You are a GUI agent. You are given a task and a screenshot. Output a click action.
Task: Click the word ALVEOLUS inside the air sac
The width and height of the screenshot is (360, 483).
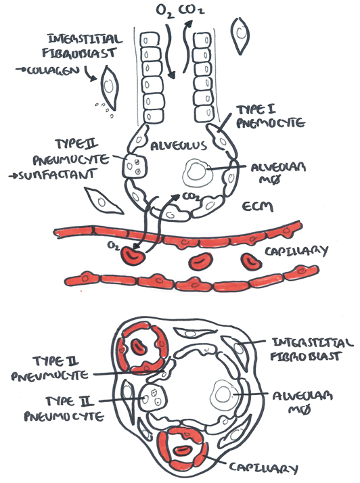pos(179,145)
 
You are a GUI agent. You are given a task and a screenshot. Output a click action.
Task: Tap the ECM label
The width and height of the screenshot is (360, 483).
pos(258,206)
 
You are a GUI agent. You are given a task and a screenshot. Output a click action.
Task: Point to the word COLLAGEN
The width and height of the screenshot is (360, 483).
pos(52,71)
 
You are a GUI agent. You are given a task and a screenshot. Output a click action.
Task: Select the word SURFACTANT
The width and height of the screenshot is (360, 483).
pos(55,175)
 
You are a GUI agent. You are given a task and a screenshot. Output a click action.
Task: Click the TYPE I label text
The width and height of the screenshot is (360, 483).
pos(256,110)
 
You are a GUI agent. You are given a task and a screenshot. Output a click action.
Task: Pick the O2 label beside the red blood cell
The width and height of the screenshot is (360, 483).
pos(114,246)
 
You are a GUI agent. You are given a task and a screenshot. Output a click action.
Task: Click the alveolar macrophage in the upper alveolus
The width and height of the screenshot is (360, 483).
pos(196,172)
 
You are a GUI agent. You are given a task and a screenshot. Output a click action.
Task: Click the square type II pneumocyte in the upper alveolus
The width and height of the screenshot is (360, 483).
pos(135,166)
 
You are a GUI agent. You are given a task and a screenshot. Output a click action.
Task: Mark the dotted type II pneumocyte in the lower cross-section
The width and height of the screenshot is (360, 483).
pos(153,397)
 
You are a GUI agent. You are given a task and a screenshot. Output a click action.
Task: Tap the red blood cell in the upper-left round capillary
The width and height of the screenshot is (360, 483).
pos(139,346)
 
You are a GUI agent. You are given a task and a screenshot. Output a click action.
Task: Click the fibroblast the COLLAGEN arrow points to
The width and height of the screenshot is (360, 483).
pos(109,87)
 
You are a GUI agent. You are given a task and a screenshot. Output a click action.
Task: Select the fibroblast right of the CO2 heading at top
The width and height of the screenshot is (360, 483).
pos(240,34)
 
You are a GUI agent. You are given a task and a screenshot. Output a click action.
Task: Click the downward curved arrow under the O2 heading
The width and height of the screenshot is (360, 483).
pos(170,51)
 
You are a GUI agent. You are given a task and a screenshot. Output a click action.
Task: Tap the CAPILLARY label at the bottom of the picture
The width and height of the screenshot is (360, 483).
pos(263,468)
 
